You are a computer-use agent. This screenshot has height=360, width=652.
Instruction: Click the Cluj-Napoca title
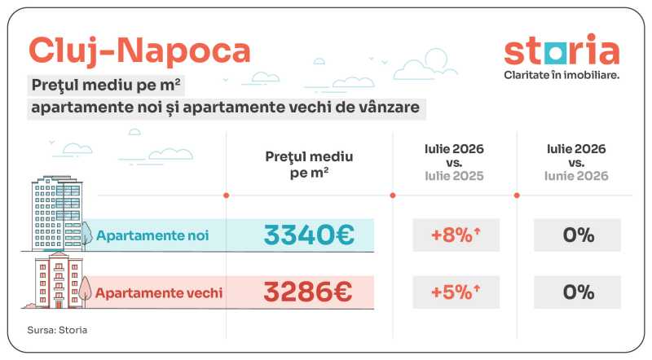tap(139, 51)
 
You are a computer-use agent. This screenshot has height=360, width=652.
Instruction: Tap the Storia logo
tap(562, 50)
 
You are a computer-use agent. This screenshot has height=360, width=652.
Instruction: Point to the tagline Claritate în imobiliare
tap(562, 75)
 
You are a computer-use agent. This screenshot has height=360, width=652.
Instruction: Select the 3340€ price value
tap(309, 235)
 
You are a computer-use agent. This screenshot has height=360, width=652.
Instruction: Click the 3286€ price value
tap(308, 292)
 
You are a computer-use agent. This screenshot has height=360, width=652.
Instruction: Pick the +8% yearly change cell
tap(456, 235)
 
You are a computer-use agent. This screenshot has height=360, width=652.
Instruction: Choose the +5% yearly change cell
tap(456, 292)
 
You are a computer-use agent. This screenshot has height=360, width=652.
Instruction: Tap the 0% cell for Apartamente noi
tap(578, 235)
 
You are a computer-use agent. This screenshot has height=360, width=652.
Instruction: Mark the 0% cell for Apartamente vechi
tap(578, 292)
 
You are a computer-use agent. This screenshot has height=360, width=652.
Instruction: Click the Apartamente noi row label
tap(152, 235)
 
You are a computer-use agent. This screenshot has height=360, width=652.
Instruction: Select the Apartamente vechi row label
tap(159, 292)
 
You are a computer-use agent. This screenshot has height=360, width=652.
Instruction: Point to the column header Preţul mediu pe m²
tap(309, 165)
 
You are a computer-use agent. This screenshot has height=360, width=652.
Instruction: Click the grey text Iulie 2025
tap(454, 176)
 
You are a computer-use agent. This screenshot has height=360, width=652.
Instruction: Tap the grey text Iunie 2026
tap(576, 176)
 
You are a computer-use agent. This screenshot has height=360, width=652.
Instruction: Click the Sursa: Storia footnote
tap(57, 330)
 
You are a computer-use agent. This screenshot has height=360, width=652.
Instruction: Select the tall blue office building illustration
tap(56, 213)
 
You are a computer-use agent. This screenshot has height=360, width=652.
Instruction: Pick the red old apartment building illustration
tap(58, 279)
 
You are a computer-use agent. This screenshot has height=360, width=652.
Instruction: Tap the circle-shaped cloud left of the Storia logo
tap(436, 59)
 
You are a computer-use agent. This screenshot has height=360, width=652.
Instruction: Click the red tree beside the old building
tap(86, 290)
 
